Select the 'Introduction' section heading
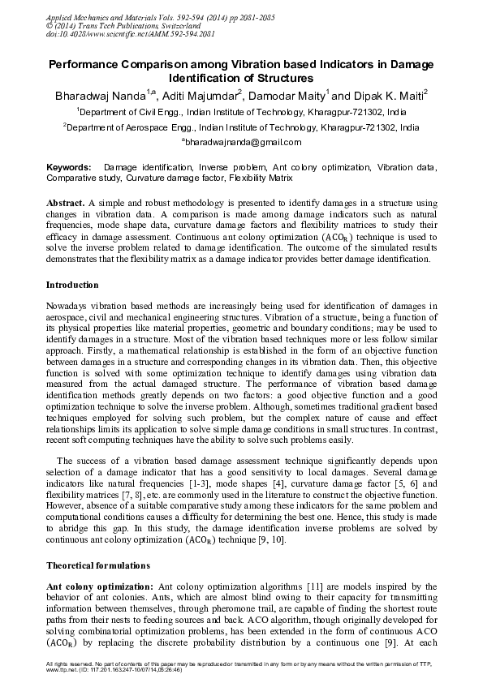click(72, 285)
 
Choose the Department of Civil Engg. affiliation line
click(241, 113)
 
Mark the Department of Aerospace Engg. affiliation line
click(241, 128)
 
